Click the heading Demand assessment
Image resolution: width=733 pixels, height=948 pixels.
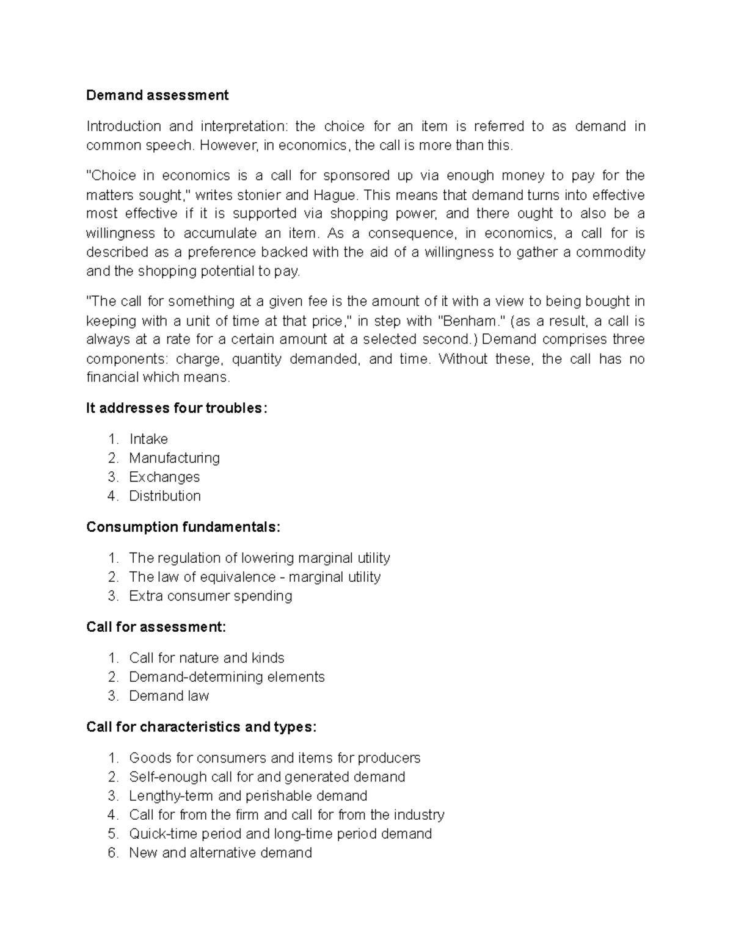point(157,95)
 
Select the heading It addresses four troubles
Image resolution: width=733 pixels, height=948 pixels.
point(177,408)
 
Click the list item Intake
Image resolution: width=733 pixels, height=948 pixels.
point(148,440)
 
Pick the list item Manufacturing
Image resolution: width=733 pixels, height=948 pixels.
point(174,458)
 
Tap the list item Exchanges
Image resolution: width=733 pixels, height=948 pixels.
point(164,477)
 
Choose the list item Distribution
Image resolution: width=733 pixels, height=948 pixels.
point(164,496)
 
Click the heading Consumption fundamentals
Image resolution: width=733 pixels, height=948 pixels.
point(183,527)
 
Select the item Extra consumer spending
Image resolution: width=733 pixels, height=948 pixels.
point(210,596)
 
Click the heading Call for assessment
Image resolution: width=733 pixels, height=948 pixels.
point(156,628)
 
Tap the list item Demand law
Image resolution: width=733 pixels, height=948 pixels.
point(169,697)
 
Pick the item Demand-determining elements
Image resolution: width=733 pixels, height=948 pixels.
point(227,678)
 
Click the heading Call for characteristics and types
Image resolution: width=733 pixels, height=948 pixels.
point(202,728)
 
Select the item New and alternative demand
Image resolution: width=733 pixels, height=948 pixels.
point(220,853)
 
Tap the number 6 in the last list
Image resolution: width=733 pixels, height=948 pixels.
point(112,853)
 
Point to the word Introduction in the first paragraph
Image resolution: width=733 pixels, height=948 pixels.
point(123,126)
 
